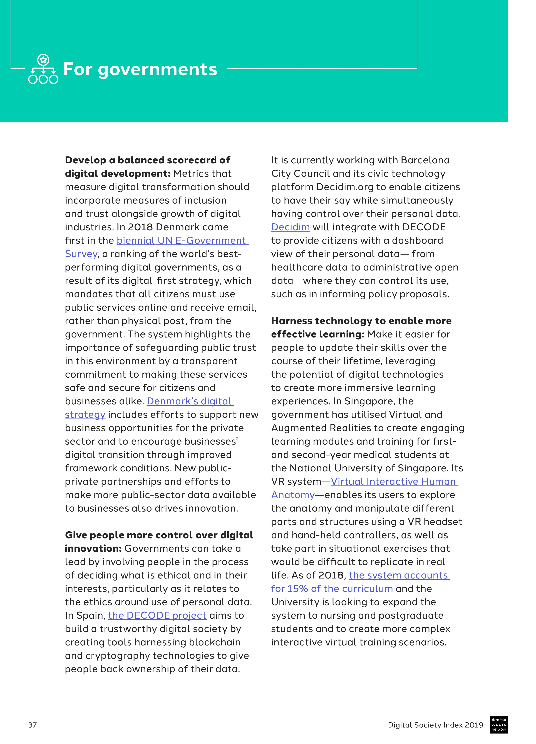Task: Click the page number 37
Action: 33,725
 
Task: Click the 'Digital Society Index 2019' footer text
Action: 435,725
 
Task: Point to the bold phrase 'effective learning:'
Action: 317,334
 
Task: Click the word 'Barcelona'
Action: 425,160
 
